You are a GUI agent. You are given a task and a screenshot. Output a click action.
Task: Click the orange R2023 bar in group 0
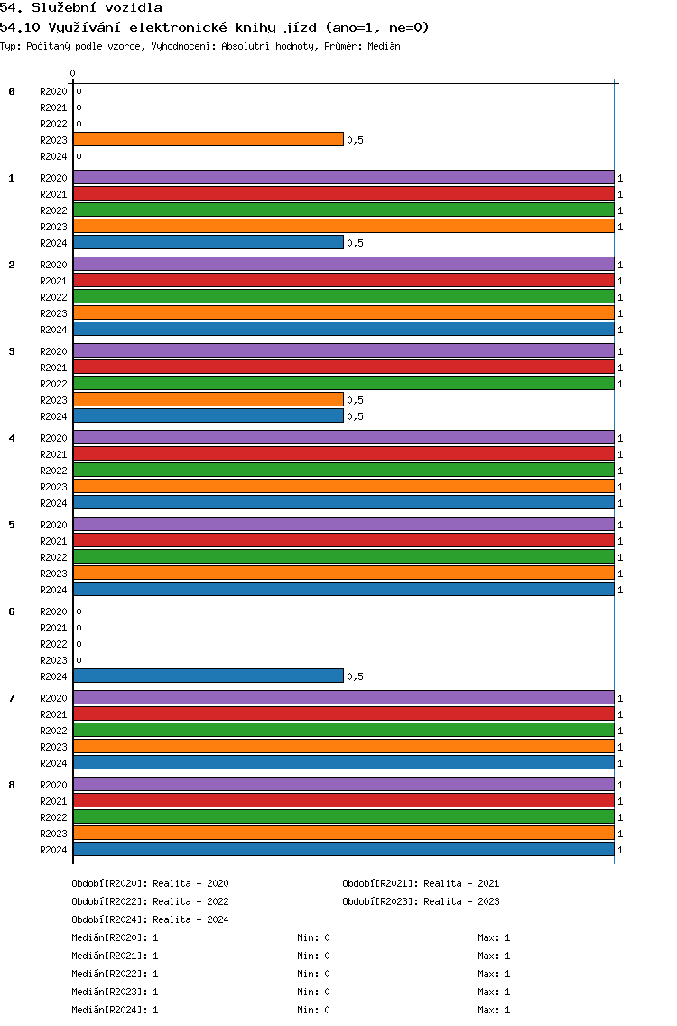point(209,139)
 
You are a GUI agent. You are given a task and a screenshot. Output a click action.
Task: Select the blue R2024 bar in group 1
point(209,243)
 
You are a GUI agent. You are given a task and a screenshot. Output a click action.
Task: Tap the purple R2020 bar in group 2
point(344,265)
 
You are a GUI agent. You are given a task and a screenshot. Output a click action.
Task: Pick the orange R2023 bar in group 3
point(209,400)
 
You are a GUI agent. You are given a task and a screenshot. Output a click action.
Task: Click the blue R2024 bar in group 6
point(209,676)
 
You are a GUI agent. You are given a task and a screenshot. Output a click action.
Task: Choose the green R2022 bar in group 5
point(344,557)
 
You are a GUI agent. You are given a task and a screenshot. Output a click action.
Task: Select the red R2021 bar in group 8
point(344,801)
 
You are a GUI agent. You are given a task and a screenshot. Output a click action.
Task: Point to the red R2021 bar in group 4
point(344,454)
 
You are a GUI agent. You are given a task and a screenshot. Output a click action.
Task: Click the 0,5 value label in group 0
point(355,140)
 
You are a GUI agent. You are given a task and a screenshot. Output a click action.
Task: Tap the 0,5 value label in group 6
point(355,676)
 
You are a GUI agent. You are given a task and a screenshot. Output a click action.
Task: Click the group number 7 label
point(12,698)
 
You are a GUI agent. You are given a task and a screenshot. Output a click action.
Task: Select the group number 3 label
point(12,351)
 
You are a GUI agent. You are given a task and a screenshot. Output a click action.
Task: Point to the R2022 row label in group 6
point(53,644)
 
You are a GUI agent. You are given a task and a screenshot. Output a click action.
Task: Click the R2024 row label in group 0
point(53,156)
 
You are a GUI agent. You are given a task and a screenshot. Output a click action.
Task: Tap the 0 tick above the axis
point(72,73)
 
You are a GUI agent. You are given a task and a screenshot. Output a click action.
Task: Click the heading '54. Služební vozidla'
point(81,8)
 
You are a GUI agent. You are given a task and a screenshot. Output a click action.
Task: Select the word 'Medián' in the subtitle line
point(384,46)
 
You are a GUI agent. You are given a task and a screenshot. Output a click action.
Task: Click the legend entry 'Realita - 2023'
point(461,901)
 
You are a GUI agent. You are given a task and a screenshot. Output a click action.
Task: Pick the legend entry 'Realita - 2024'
point(190,919)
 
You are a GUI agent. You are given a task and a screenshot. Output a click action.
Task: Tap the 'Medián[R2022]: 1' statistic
point(116,974)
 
